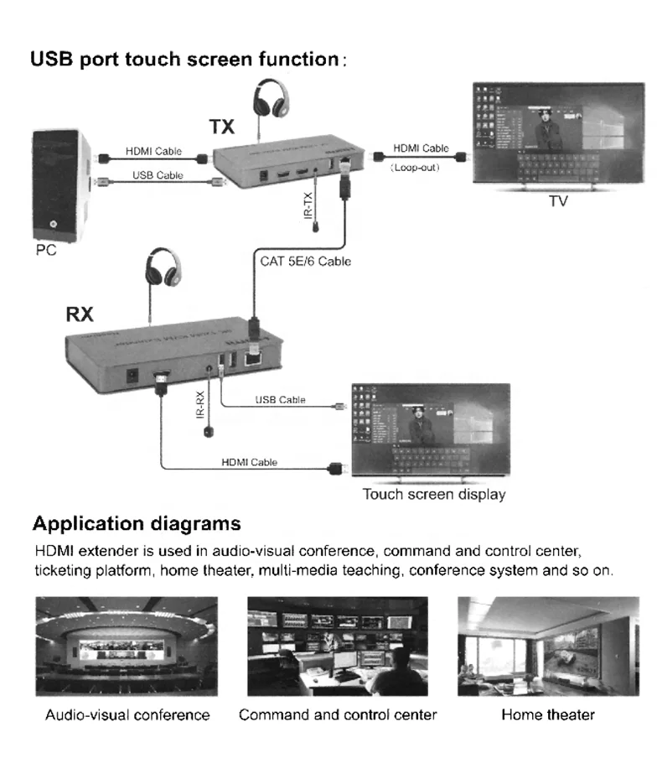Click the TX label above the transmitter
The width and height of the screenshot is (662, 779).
coord(222,127)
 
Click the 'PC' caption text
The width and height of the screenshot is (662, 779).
coord(46,251)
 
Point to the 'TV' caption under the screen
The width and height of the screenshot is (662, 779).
coord(557,201)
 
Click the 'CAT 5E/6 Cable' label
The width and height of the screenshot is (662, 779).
coord(305,262)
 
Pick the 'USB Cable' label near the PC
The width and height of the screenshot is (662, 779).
coord(158,175)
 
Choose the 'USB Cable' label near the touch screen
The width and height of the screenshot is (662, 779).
coord(280,400)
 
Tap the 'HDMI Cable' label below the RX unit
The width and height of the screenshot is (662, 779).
coord(249,462)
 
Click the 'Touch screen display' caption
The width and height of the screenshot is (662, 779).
coord(433,494)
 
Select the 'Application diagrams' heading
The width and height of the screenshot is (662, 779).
coord(137,524)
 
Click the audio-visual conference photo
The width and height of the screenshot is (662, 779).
coord(127,646)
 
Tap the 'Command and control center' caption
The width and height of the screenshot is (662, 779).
coord(338,715)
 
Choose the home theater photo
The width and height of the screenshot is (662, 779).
coord(548,646)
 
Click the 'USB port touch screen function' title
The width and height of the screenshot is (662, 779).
coord(184,60)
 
